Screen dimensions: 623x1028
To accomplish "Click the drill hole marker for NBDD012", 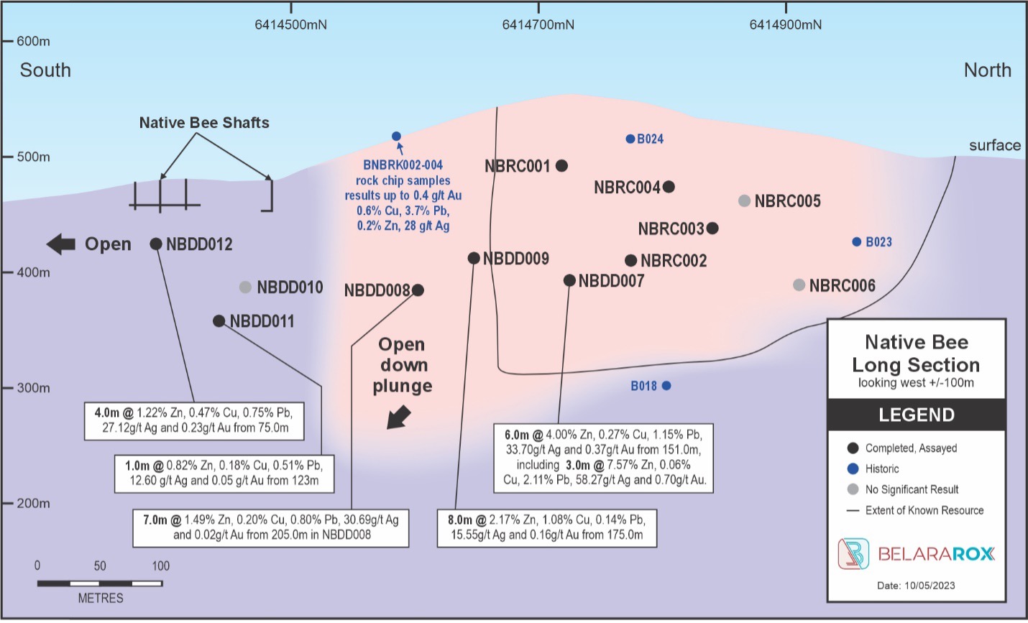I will pyautogui.click(x=156, y=244).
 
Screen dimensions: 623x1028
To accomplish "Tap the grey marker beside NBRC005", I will pyautogui.click(x=745, y=201).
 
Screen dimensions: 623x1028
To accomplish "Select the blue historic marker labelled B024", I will pyautogui.click(x=630, y=139).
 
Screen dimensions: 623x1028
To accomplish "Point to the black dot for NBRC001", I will pyautogui.click(x=562, y=166).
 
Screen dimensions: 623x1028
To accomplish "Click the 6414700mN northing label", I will pyautogui.click(x=538, y=25).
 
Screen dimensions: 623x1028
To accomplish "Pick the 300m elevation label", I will pyautogui.click(x=33, y=388).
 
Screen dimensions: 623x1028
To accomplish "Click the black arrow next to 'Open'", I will pyautogui.click(x=61, y=244).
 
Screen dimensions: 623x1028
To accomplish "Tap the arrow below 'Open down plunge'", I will pyautogui.click(x=398, y=417).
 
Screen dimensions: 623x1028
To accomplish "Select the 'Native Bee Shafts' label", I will pyautogui.click(x=204, y=123).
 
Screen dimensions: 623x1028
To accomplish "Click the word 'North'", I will pyautogui.click(x=987, y=70).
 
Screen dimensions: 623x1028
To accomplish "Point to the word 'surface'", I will pyautogui.click(x=994, y=145).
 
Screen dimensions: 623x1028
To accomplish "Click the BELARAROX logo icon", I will pyautogui.click(x=853, y=554).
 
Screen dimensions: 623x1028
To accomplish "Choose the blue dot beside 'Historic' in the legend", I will pyautogui.click(x=853, y=469).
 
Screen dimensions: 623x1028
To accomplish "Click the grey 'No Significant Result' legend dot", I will pyautogui.click(x=853, y=489).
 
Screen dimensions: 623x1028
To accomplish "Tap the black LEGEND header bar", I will pyautogui.click(x=916, y=415).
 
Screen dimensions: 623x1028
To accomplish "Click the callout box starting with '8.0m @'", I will pyautogui.click(x=547, y=527).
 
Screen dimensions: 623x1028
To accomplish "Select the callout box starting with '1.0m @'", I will pyautogui.click(x=224, y=473).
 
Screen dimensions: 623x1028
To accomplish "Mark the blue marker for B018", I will pyautogui.click(x=666, y=386).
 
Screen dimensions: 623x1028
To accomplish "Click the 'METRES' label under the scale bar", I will pyautogui.click(x=101, y=598).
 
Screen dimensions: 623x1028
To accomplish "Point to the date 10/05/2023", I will pyautogui.click(x=916, y=585).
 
